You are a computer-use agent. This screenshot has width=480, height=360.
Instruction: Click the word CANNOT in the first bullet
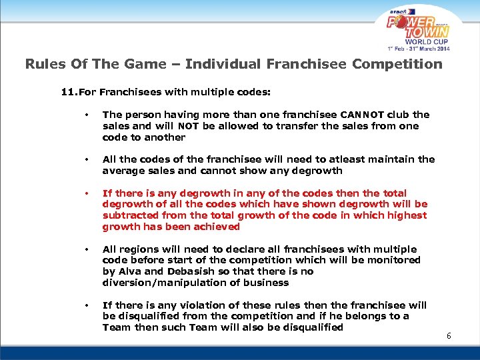363,115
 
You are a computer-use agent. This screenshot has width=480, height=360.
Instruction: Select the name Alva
129,271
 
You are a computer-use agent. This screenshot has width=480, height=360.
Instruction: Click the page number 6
449,335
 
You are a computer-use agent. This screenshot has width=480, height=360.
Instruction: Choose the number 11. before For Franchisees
69,91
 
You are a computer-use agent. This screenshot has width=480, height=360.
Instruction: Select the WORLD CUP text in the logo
421,41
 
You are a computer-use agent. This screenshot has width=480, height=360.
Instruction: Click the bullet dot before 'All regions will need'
87,249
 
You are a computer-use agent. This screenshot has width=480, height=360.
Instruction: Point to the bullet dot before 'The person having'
87,115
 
